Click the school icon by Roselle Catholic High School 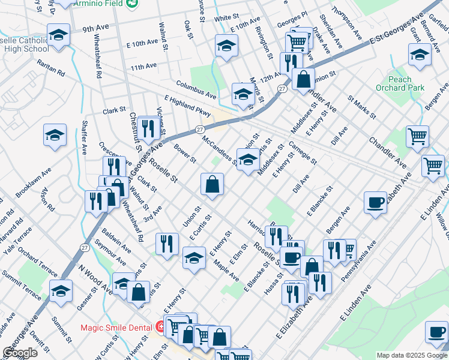click(58, 35)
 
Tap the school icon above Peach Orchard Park click(420, 55)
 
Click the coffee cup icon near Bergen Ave click(375, 202)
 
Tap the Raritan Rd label click(50, 66)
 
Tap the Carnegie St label click(303, 153)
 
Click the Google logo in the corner click(20, 352)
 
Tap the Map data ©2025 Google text click(411, 355)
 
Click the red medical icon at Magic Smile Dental click(160, 328)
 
